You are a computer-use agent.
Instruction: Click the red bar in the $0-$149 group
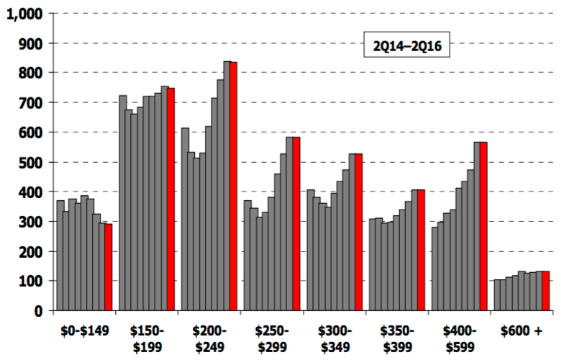click(x=109, y=267)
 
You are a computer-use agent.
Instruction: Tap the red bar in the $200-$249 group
click(x=233, y=186)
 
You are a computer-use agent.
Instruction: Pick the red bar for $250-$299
click(x=296, y=224)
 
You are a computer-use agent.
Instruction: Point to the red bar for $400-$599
click(x=483, y=227)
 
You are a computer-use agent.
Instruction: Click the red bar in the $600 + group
click(x=545, y=291)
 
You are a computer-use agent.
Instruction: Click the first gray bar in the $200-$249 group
click(x=185, y=220)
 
